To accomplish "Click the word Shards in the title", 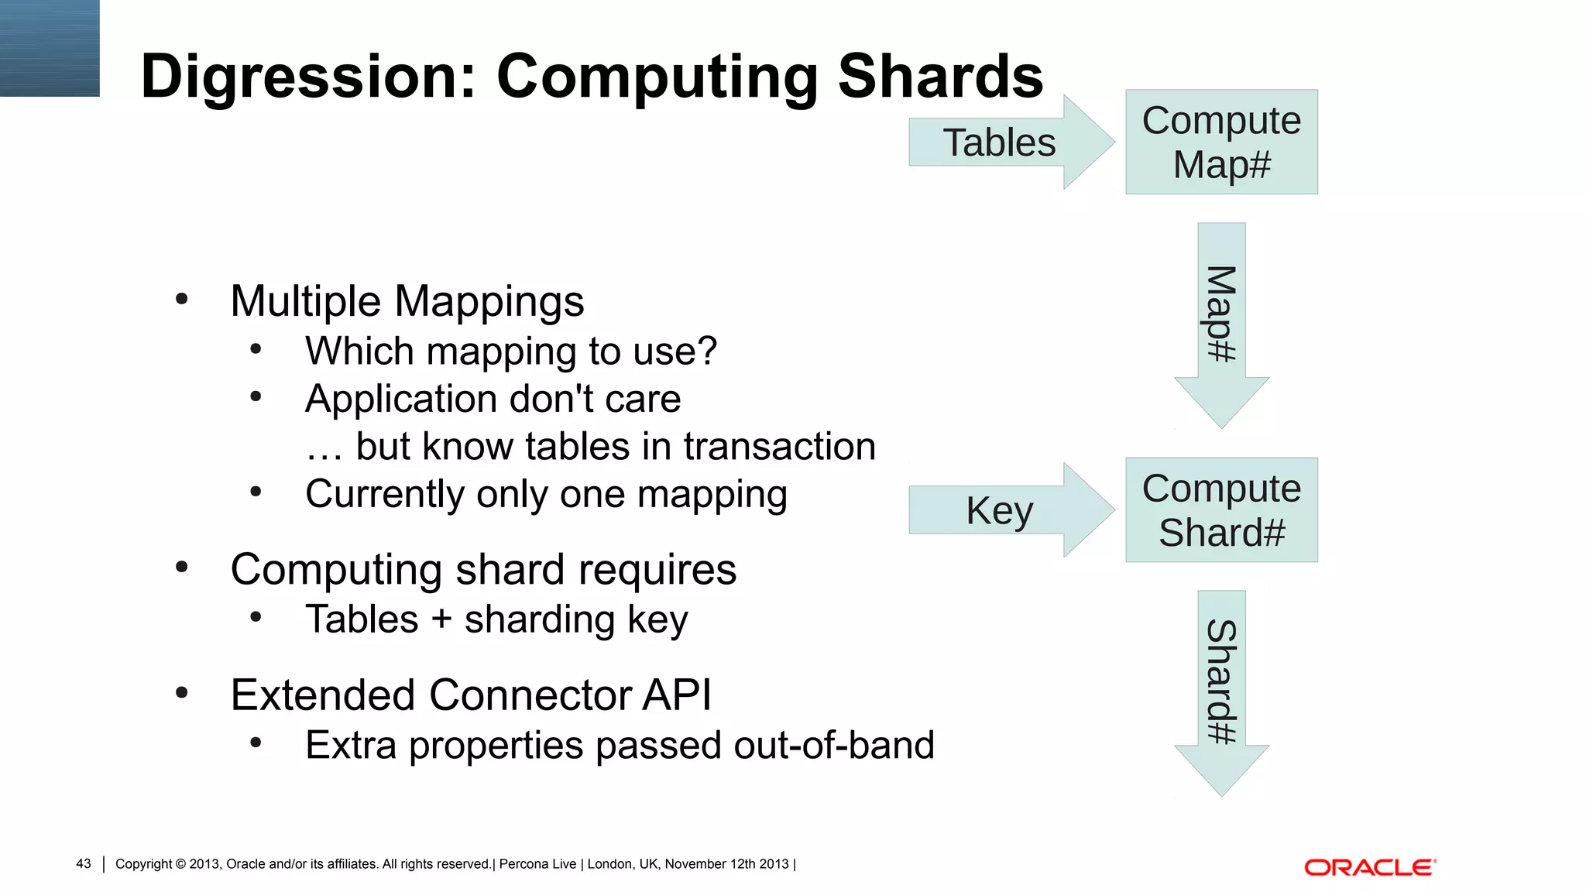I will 940,76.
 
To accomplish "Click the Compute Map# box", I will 1221,142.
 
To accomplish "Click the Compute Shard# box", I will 1221,510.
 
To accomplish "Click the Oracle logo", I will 1370,867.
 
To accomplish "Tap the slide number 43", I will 84,863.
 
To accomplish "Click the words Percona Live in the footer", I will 537,864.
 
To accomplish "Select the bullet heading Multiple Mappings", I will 407,301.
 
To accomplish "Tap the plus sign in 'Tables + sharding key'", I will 441,619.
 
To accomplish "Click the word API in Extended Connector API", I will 676,695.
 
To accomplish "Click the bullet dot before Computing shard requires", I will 182,568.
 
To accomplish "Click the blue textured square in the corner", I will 50,48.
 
